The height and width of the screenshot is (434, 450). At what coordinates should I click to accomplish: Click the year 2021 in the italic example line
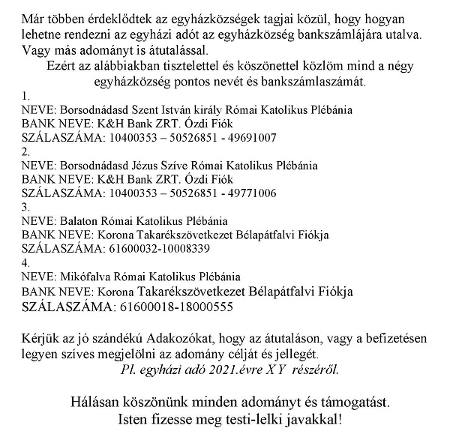223,369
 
